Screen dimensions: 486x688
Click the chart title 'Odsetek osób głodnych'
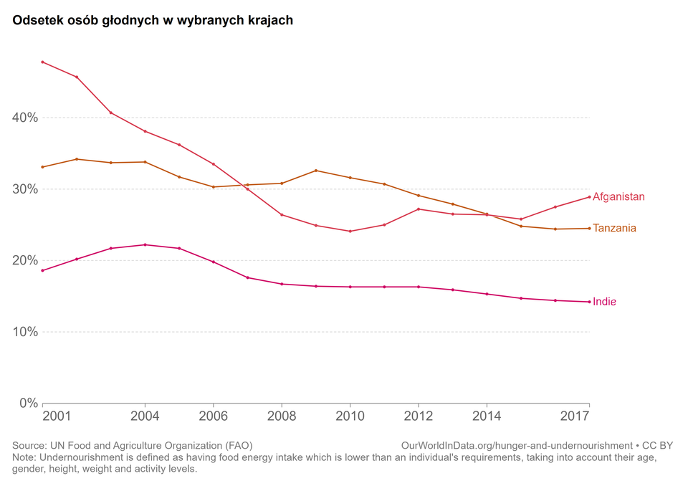tap(153, 20)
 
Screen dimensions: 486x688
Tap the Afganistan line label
tap(618, 196)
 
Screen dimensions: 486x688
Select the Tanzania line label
tap(614, 228)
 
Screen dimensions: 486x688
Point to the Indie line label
tap(604, 302)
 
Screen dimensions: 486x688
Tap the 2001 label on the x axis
tap(56, 416)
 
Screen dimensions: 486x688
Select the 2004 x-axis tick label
tap(145, 416)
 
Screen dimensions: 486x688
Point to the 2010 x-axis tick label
tap(350, 416)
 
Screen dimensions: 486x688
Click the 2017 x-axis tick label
tap(575, 416)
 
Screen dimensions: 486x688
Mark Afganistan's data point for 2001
tap(43, 62)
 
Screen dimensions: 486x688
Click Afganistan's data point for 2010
tap(350, 232)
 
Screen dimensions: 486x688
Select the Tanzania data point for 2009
tap(316, 171)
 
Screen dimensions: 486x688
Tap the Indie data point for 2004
tap(145, 244)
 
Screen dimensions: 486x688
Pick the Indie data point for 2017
tap(589, 302)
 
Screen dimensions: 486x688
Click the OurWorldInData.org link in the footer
tap(517, 445)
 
